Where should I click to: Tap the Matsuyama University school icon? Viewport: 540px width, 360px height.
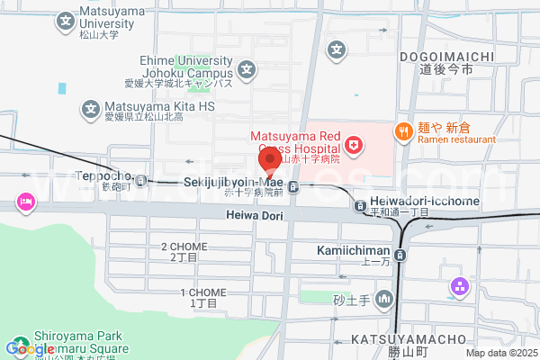pos(66,20)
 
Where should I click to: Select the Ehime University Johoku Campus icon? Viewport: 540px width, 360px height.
pos(246,67)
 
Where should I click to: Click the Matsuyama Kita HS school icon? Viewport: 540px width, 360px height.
pos(91,109)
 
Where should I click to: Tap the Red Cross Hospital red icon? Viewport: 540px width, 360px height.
pos(354,144)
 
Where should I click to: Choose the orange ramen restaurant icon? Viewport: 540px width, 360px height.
pos(403,131)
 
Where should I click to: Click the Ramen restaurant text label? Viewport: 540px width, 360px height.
pos(456,139)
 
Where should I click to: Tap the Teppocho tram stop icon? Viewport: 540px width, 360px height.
pos(142,178)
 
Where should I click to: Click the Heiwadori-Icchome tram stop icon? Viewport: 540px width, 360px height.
pos(360,204)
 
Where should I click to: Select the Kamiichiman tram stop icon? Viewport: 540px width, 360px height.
pos(400,255)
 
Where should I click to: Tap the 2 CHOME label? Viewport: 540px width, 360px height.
pos(184,247)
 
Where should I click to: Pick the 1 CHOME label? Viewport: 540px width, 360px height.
pos(203,293)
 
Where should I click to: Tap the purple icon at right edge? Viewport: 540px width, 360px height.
pos(460,288)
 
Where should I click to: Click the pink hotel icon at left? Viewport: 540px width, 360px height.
pos(25,202)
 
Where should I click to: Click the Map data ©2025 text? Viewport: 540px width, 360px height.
pos(500,354)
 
